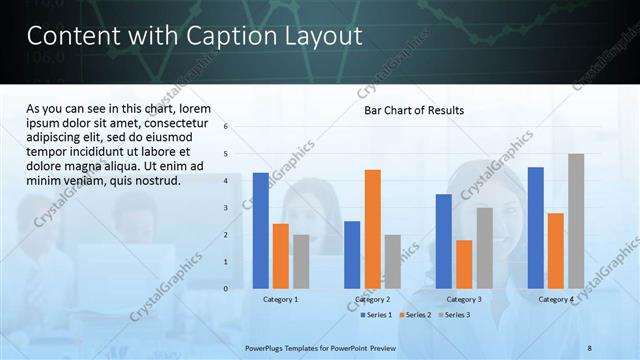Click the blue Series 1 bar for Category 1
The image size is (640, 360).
(260, 230)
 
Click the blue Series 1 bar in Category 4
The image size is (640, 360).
(536, 227)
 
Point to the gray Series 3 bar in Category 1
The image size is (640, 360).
(301, 261)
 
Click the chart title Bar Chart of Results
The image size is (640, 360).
(413, 110)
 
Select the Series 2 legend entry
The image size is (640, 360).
(415, 315)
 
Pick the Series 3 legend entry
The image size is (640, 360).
(454, 315)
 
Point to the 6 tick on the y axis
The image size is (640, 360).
(226, 127)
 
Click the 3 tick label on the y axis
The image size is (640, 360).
(226, 208)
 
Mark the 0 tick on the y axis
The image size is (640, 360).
(226, 289)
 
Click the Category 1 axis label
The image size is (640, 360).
(280, 299)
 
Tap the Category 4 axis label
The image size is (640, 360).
(556, 299)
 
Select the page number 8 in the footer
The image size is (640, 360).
(590, 347)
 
